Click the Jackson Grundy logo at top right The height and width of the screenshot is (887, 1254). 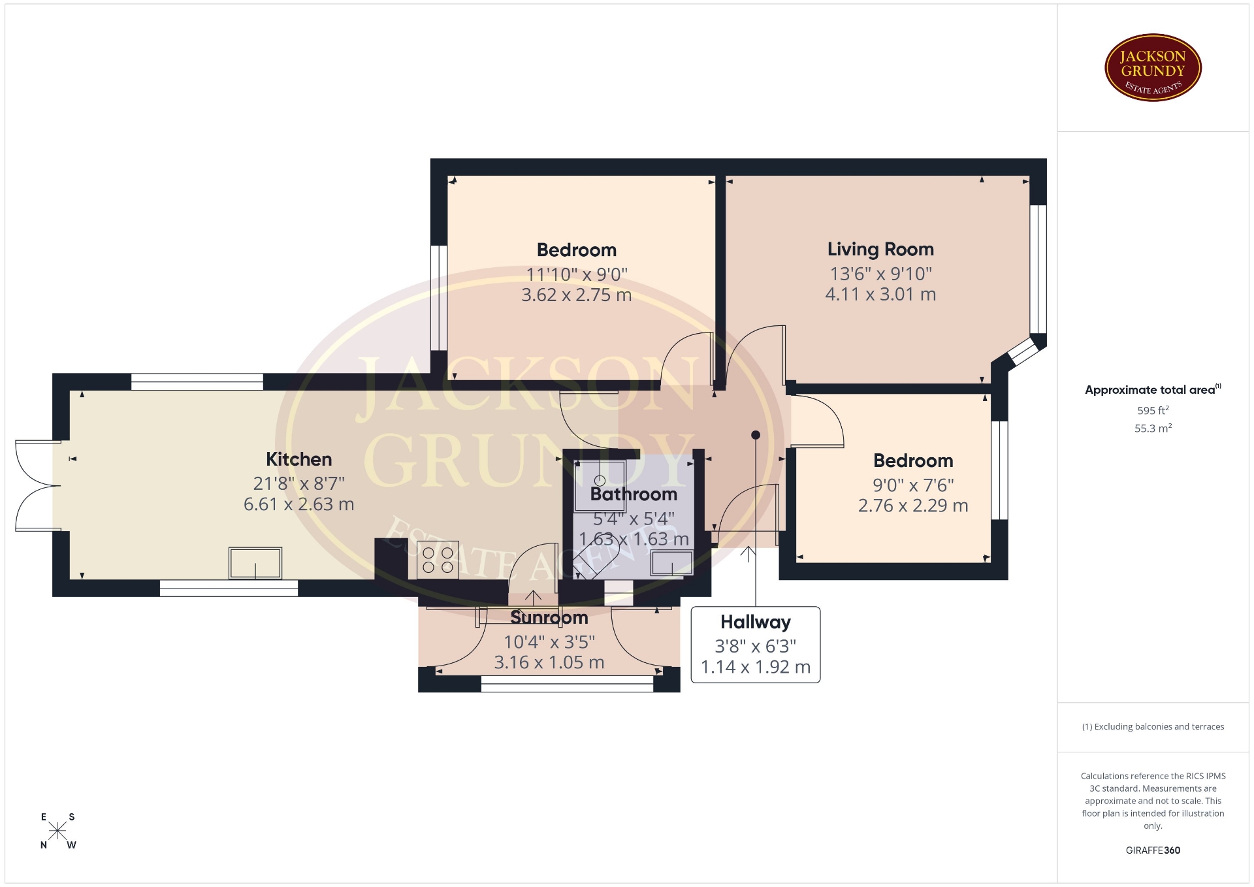tap(1153, 68)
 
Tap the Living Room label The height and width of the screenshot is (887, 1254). tap(880, 249)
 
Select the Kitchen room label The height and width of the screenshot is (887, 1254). tap(298, 459)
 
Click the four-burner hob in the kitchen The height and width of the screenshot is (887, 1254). tap(438, 560)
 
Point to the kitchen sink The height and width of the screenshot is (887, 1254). tap(255, 563)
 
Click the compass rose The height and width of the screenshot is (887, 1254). tap(58, 831)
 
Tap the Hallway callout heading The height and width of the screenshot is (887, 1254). tap(756, 622)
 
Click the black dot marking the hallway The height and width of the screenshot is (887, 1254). tap(756, 435)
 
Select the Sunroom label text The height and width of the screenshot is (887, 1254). tap(549, 617)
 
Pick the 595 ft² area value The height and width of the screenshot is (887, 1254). tap(1153, 410)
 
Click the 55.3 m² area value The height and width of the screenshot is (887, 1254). tap(1153, 428)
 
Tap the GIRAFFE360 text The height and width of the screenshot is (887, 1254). tap(1153, 850)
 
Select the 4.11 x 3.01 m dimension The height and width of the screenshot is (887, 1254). tap(880, 295)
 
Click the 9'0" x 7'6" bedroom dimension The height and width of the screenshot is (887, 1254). tap(913, 485)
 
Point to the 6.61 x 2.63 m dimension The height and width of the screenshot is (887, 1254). tap(298, 504)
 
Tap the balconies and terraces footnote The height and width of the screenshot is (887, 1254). tap(1153, 726)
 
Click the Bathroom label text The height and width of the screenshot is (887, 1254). tap(634, 494)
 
